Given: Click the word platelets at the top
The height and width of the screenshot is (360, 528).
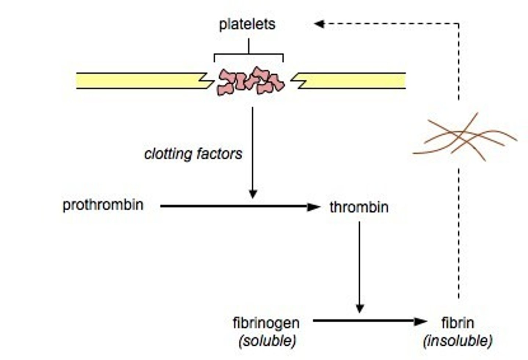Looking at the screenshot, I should click(247, 24).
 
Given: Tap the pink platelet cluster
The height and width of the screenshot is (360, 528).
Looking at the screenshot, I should click(251, 81).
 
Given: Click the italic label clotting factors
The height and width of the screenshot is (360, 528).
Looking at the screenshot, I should click(193, 154).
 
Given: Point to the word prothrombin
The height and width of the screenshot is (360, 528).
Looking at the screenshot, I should click(103, 205).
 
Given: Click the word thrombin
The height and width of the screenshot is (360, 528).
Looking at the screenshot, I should click(359, 207).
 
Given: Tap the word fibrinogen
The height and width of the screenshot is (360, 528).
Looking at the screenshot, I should click(266, 323).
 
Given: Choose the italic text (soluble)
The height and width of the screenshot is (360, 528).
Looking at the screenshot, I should click(267, 341).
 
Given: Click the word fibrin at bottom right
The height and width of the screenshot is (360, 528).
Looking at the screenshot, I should click(458, 323).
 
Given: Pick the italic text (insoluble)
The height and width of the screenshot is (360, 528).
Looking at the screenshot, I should click(458, 341).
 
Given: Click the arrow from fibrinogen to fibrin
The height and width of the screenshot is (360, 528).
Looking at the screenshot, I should click(367, 321).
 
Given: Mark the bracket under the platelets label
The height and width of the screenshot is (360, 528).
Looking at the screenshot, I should click(249, 55).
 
